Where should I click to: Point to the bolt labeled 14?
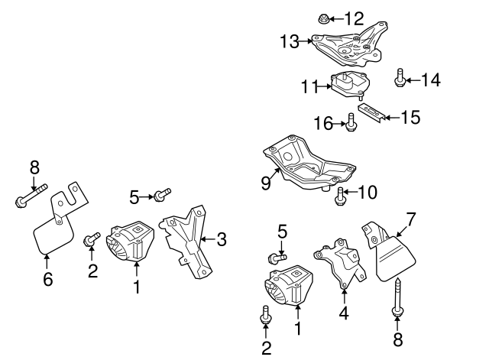(x=400, y=78)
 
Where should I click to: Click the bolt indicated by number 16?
(x=351, y=122)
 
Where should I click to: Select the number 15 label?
(x=411, y=117)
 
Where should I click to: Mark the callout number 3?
(x=222, y=240)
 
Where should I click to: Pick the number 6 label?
(x=47, y=280)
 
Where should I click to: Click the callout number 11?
(x=309, y=88)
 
